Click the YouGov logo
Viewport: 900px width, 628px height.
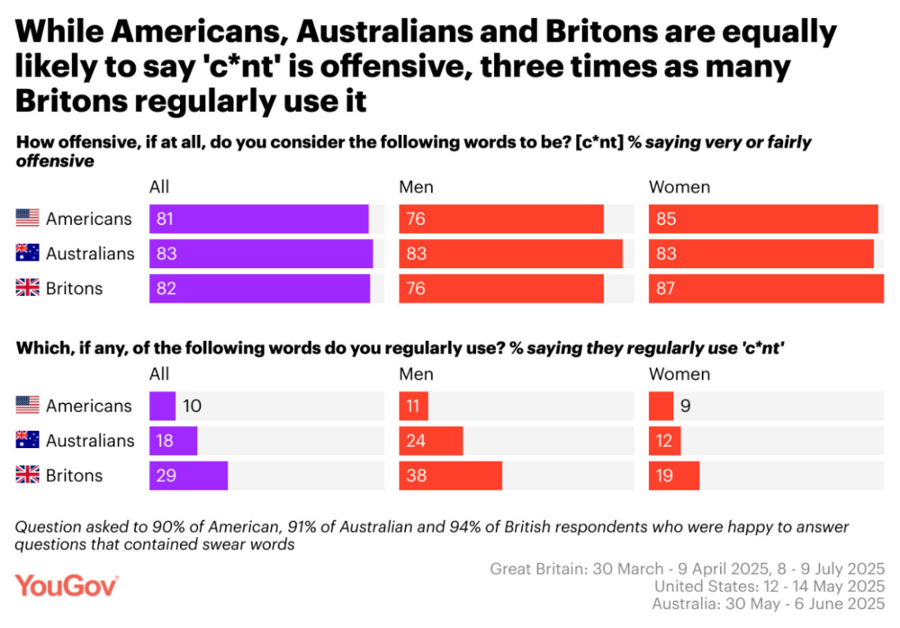pos(67,586)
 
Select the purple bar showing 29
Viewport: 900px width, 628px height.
pos(188,475)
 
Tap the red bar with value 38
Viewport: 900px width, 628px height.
pos(451,475)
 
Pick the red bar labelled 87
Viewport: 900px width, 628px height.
pos(766,288)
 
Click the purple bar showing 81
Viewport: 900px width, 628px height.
pos(259,219)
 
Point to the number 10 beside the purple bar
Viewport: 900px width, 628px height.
pos(193,406)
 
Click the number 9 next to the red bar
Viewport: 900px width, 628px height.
pos(685,406)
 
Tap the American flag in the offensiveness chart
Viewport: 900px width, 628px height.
pos(28,218)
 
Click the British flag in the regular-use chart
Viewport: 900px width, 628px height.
pos(28,474)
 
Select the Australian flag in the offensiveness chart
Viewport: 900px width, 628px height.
pos(28,253)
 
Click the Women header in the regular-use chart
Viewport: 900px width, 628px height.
pos(679,374)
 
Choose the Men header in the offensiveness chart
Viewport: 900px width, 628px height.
pos(416,187)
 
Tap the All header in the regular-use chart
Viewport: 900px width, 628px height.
pos(159,374)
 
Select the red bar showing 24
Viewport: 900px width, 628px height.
pos(431,440)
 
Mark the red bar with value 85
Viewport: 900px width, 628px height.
pos(763,219)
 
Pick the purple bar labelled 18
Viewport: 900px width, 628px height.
pos(174,440)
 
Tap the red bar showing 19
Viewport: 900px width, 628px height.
pos(674,475)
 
